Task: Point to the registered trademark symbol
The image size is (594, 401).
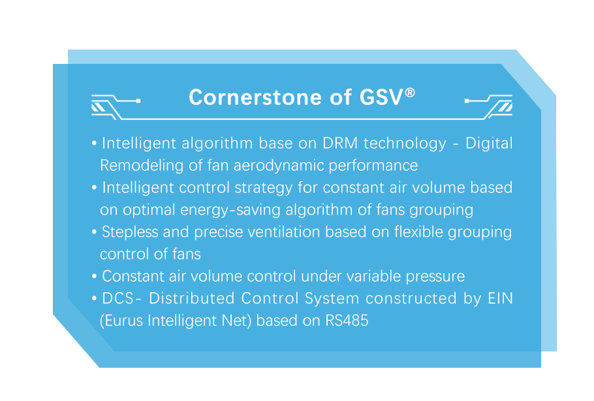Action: [x=410, y=93]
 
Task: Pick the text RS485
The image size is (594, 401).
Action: [x=347, y=321]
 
